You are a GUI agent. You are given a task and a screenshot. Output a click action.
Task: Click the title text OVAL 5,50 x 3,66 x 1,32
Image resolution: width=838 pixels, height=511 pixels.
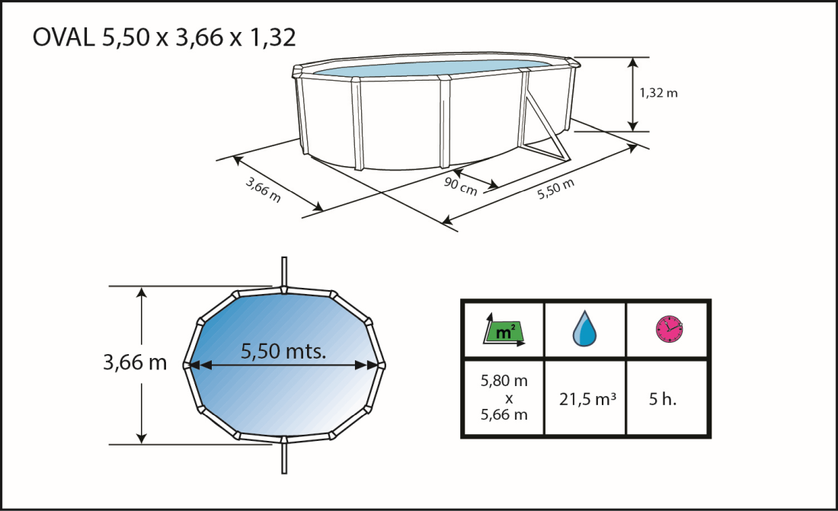[x=164, y=38]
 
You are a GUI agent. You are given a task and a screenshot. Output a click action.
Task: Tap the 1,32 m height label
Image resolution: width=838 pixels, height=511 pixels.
[x=658, y=93]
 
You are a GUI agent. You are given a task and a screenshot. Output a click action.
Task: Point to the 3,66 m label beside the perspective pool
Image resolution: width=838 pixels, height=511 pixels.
[x=263, y=190]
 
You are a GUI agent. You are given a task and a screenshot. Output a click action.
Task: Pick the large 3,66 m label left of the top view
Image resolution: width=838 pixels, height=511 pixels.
[x=135, y=362]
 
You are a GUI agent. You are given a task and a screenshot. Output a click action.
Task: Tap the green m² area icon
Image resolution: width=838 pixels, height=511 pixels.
[x=503, y=331]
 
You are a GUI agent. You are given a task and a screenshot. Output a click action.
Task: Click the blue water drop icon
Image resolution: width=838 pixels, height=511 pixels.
[x=585, y=330]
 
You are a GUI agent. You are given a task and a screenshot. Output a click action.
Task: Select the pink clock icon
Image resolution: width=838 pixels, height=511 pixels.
[x=668, y=329]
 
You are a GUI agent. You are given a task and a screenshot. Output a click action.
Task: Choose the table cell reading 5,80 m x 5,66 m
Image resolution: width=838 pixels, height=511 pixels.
[x=503, y=398]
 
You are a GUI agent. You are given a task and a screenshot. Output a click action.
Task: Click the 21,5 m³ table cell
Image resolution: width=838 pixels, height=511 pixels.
[x=585, y=398]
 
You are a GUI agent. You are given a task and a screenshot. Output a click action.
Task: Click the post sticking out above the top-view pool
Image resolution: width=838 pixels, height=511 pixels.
[x=283, y=271]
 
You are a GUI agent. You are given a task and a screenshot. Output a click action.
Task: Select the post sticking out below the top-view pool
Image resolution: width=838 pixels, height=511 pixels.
[x=283, y=457]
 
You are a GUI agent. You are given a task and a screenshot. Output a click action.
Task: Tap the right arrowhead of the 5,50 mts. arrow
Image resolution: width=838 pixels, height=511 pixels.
[x=375, y=366]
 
